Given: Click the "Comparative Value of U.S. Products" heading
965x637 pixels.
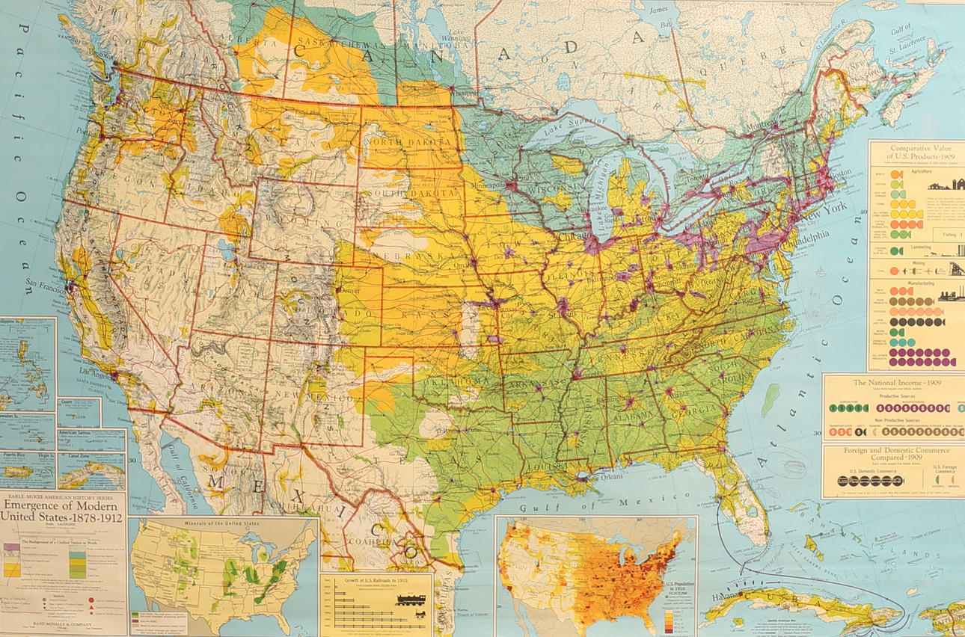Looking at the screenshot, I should point(920,153).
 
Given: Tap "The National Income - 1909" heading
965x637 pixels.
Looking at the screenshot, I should point(893,383).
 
